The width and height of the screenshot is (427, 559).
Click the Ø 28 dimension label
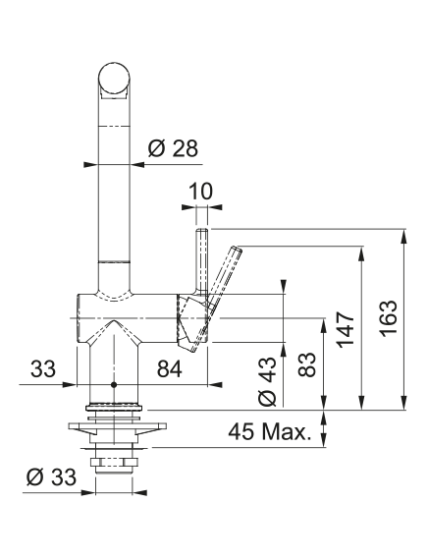[x=173, y=148]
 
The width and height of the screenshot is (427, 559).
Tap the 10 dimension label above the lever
[x=201, y=192]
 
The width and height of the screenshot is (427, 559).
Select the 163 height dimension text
[x=388, y=317]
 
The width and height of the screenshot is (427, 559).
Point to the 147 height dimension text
[x=346, y=330]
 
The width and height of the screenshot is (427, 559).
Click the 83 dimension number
[x=307, y=364]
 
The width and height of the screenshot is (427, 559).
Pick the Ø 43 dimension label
[x=267, y=381]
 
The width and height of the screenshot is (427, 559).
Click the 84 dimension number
[x=170, y=368]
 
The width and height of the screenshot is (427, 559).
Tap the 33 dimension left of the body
[x=43, y=368]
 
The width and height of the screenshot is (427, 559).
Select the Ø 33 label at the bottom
[x=51, y=476]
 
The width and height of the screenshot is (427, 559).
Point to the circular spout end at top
[x=114, y=79]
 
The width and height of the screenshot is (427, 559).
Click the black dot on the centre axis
[x=114, y=385]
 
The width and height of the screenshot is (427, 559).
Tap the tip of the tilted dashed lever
[x=238, y=249]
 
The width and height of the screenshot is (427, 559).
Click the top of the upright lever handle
[x=201, y=230]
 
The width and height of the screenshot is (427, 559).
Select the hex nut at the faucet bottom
[x=114, y=463]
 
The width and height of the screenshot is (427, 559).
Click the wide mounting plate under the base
[x=118, y=426]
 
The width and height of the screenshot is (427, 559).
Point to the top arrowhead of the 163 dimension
[x=403, y=236]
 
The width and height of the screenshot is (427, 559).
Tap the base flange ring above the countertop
[x=114, y=407]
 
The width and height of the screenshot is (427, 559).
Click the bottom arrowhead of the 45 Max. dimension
[x=324, y=440]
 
